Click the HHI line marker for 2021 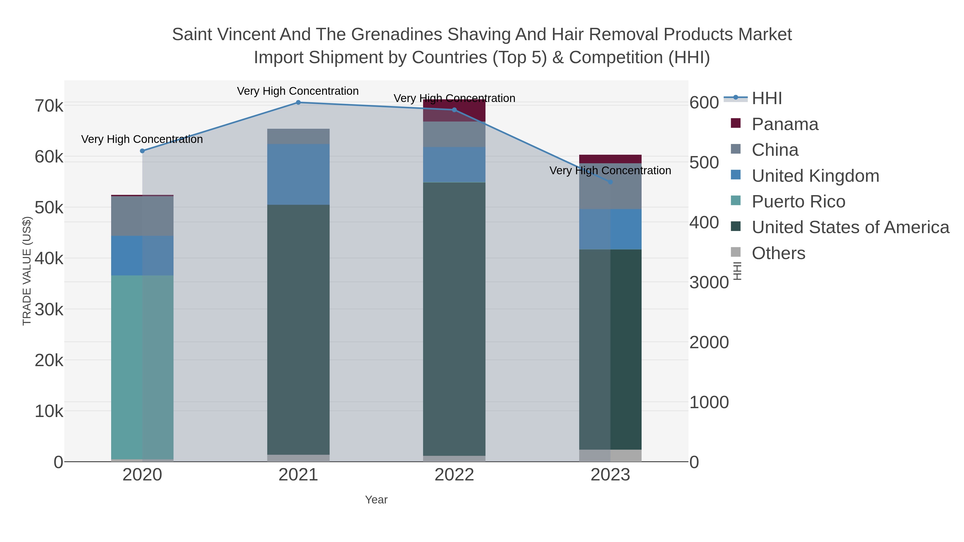[298, 103]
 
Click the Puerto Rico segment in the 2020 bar [142, 367]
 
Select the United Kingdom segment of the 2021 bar [298, 174]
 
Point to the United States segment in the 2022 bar [454, 318]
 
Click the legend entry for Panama [785, 124]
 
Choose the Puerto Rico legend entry [798, 202]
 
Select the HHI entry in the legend [766, 98]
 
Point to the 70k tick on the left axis [49, 106]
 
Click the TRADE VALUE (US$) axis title [27, 271]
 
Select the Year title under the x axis [376, 500]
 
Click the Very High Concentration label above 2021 [298, 91]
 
